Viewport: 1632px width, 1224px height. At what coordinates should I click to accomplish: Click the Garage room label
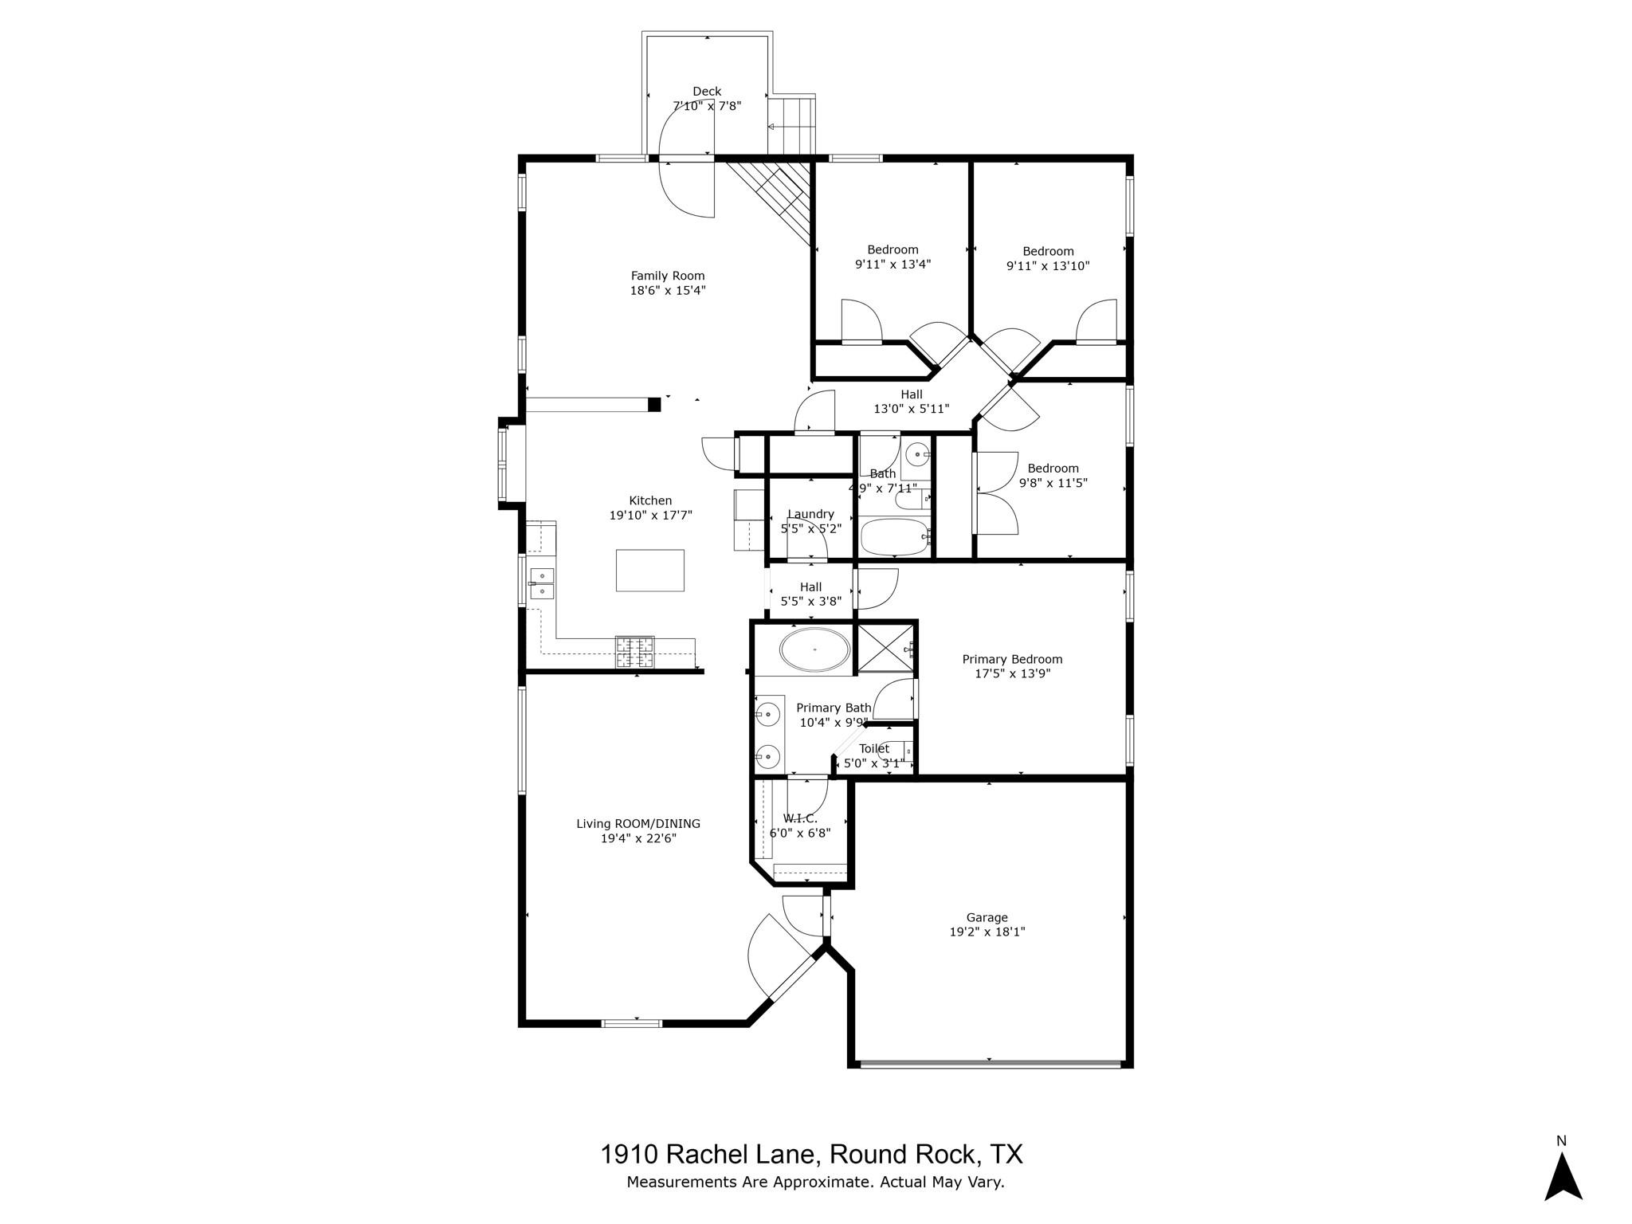987,917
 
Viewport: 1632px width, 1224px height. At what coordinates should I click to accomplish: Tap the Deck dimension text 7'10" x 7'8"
707,106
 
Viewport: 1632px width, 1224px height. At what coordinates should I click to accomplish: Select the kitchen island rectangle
649,571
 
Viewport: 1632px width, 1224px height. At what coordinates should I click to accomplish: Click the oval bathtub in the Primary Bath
814,650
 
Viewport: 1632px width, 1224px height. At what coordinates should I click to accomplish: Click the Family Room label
668,277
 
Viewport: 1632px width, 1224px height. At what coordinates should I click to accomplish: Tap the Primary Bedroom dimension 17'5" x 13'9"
1012,673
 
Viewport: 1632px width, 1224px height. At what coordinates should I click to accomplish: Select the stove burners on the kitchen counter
634,652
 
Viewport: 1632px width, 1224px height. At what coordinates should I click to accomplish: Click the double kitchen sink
542,583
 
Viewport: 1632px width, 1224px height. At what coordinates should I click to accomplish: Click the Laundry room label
810,514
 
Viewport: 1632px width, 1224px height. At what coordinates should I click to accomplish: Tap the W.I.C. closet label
799,818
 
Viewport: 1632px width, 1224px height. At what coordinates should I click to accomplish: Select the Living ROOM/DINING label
638,824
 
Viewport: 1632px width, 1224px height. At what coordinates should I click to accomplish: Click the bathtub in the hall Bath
895,538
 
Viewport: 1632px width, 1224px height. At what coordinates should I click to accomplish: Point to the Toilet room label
873,749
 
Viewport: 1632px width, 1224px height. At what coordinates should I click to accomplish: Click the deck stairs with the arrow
792,126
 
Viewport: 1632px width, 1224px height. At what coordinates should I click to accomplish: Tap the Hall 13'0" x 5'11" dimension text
911,409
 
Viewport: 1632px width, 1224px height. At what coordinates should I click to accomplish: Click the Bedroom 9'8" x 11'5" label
1053,469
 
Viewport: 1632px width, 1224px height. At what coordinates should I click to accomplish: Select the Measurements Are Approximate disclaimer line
814,1182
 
